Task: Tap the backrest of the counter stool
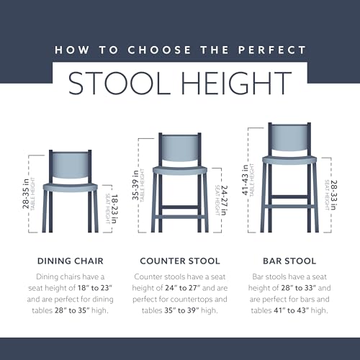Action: point(179,150)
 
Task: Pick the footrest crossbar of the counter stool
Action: point(179,210)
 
